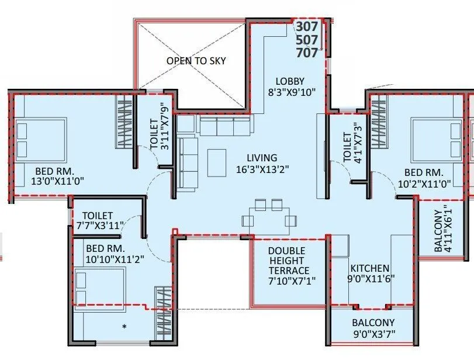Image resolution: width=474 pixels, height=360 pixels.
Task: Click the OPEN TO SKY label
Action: tap(196, 61)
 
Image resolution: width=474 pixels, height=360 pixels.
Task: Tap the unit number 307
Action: tap(307, 27)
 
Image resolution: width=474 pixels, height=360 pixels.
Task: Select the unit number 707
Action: tap(307, 53)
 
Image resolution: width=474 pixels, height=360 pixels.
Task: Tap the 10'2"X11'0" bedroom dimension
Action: tap(424, 183)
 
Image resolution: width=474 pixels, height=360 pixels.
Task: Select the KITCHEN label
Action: tap(369, 268)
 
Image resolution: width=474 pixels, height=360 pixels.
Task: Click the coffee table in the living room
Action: tap(216, 162)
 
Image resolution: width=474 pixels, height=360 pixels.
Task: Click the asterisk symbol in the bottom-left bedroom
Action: tap(124, 326)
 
